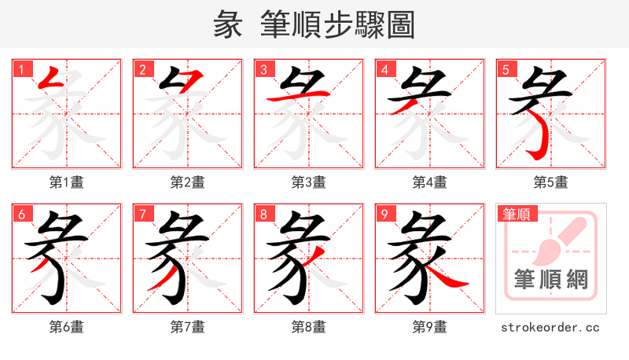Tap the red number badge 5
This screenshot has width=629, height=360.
[506, 68]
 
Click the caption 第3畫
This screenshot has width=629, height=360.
[308, 182]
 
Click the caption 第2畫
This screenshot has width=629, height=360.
[187, 182]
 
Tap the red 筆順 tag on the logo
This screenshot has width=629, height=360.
[516, 213]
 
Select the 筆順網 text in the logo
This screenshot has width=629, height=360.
[550, 279]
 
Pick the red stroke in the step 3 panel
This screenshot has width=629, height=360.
[295, 97]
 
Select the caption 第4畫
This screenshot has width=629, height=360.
[429, 182]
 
